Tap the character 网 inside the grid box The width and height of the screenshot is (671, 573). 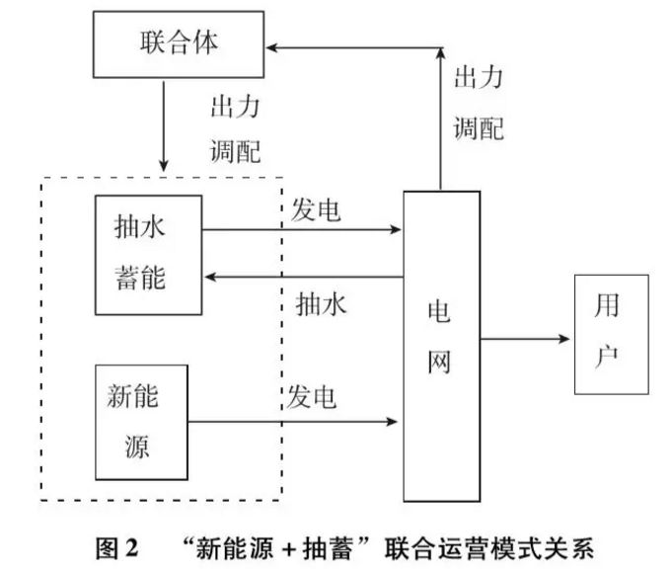pyautogui.click(x=440, y=363)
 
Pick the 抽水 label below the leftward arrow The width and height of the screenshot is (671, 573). pyautogui.click(x=322, y=305)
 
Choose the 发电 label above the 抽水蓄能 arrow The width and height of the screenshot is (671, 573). pyautogui.click(x=317, y=209)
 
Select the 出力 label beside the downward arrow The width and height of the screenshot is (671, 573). pyautogui.click(x=236, y=105)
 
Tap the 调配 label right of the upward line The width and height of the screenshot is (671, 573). pyautogui.click(x=479, y=127)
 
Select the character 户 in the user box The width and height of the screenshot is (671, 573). pyautogui.click(x=608, y=355)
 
